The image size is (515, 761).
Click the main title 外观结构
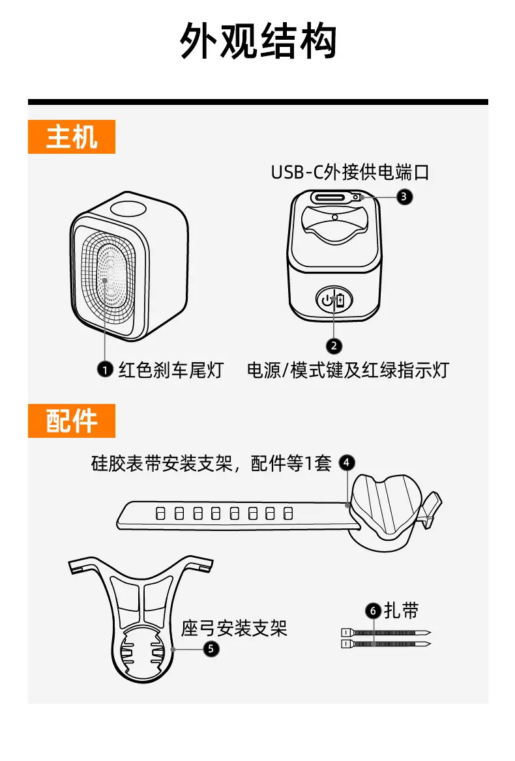coord(258,41)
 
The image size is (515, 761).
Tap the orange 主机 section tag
coord(71,137)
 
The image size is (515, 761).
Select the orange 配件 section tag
coord(71,421)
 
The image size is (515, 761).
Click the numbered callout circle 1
coord(105,370)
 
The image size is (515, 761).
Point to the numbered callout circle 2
coord(334,346)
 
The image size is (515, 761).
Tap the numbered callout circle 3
coord(404,197)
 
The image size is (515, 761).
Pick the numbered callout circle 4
coord(347,463)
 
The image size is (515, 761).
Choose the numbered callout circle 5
coord(211,649)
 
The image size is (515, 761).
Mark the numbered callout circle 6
coord(374,610)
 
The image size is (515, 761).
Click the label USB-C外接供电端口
coord(350,172)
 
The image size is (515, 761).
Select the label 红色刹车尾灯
coord(171,370)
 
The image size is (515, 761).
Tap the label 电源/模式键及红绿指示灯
coord(348,370)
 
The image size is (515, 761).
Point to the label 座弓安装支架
coord(234,629)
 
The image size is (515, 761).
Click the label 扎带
coord(402,610)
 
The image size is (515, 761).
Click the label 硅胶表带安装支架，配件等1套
coord(211,463)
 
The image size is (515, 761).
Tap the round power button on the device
coord(334,301)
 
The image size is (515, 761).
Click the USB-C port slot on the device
coord(333,198)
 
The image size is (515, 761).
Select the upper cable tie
coord(386,633)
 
